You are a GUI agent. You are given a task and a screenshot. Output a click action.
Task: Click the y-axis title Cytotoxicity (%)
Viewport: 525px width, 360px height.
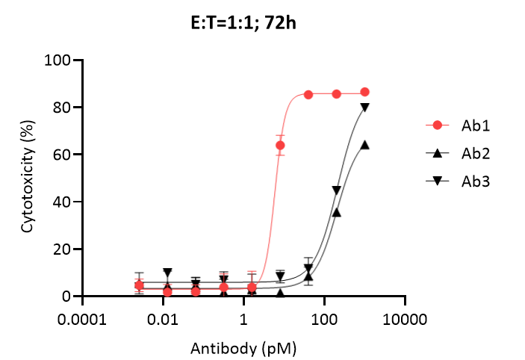coord(28,179)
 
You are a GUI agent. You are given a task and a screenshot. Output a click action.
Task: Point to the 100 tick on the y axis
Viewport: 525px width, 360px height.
coord(61,60)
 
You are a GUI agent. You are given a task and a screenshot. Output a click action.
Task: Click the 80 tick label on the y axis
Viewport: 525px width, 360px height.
coord(65,108)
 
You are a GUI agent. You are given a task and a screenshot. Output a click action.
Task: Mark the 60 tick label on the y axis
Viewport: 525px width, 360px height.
coord(65,155)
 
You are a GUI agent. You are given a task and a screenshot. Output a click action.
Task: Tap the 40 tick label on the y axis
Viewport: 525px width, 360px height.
coord(65,202)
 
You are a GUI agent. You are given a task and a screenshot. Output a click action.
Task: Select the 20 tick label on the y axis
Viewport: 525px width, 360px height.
coord(65,249)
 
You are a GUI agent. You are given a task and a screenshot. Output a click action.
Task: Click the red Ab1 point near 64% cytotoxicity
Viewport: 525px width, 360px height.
coord(280,145)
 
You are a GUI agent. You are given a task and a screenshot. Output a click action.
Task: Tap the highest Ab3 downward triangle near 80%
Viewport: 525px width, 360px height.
coord(365,108)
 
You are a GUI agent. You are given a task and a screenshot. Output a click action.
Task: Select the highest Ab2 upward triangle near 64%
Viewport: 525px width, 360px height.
coord(365,145)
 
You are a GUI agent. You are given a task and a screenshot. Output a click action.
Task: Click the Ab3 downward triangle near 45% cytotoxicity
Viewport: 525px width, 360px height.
coord(337,190)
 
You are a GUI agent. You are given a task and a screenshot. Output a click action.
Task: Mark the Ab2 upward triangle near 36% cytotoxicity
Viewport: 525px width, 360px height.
coord(337,212)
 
